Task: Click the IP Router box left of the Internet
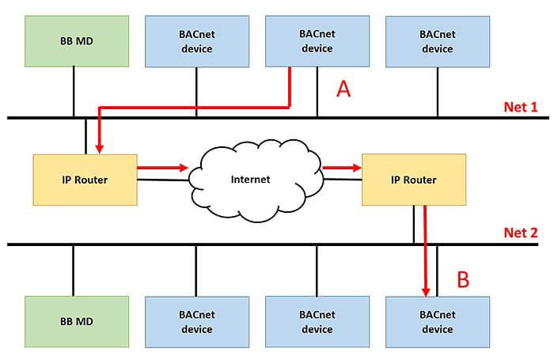pos(85,180)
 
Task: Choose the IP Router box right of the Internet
pos(414,180)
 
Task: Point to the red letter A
pos(343,89)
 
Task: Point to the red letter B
pos(464,279)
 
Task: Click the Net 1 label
pos(521,107)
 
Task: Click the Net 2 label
pos(521,233)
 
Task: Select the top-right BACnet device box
pos(437,42)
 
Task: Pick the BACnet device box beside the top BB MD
pos(197,42)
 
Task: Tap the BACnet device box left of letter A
pos(317,42)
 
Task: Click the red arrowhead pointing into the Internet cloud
pos(183,168)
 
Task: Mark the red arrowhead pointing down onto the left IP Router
pos(99,148)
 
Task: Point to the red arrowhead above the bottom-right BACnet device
pos(426,291)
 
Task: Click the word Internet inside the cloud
pos(250,180)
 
